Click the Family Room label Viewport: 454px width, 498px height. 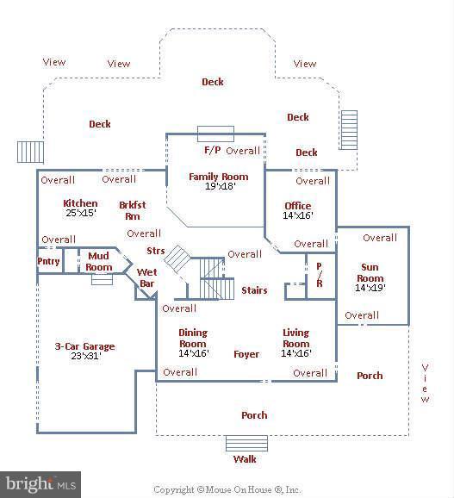pyautogui.click(x=219, y=177)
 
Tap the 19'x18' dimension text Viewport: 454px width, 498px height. pyautogui.click(x=220, y=186)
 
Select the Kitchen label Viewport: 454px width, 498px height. pyautogui.click(x=80, y=203)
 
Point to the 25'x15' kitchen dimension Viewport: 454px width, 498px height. pyautogui.click(x=81, y=213)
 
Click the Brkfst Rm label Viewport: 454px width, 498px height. pyautogui.click(x=133, y=210)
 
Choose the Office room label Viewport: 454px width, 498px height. pyautogui.click(x=298, y=206)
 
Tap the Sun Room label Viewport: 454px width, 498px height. pyautogui.click(x=370, y=273)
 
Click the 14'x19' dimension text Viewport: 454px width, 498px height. pyautogui.click(x=370, y=288)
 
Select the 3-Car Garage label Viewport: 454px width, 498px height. pyautogui.click(x=84, y=346)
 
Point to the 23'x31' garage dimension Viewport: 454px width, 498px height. pyautogui.click(x=86, y=356)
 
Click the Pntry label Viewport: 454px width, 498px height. pyautogui.click(x=48, y=261)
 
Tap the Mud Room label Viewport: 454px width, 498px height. pyautogui.click(x=99, y=261)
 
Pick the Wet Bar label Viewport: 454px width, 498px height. pyautogui.click(x=147, y=278)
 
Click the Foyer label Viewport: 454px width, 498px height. pyautogui.click(x=246, y=354)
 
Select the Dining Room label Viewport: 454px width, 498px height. pyautogui.click(x=193, y=339)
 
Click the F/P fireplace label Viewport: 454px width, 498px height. pyautogui.click(x=213, y=150)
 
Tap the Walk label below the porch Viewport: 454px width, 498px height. pyautogui.click(x=245, y=459)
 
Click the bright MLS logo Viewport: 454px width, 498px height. pyautogui.click(x=40, y=485)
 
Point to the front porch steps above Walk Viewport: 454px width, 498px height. pyautogui.click(x=246, y=444)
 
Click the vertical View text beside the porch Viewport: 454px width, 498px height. pyautogui.click(x=425, y=383)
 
